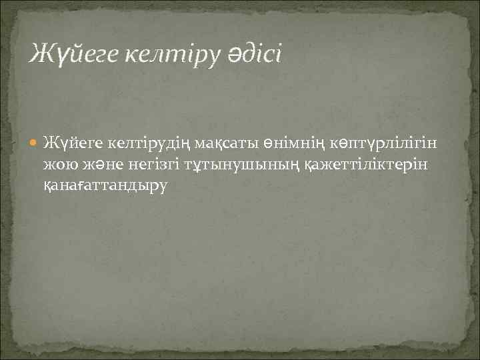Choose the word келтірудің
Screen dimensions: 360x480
[143, 143]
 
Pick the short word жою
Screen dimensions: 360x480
[56, 164]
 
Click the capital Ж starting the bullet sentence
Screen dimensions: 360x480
[49, 143]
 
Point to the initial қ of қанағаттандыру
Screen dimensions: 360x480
[47, 186]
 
